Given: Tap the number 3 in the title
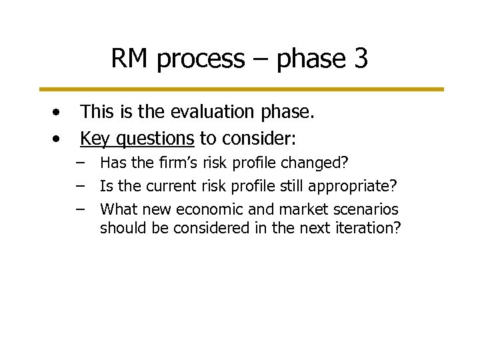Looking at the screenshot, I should click(x=360, y=59).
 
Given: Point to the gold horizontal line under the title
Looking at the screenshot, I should click(x=240, y=89).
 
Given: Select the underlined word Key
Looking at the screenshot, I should click(x=93, y=139).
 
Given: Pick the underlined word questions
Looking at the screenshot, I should click(x=152, y=139).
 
